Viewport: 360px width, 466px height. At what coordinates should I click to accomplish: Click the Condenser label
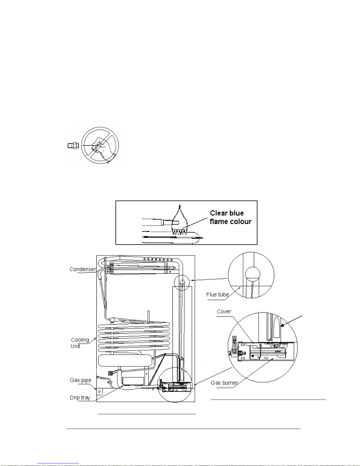(83, 269)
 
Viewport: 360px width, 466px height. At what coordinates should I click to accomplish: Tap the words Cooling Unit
(80, 343)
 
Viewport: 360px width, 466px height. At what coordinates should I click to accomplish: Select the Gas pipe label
(81, 380)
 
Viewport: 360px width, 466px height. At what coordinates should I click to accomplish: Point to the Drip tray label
(80, 397)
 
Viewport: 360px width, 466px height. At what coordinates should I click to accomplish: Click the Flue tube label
(217, 295)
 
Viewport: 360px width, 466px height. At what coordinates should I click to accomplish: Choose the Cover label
(224, 312)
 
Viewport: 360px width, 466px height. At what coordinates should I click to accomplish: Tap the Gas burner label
(224, 383)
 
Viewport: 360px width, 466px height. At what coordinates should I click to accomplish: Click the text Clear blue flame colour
(231, 217)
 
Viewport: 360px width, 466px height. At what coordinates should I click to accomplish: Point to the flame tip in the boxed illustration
(180, 204)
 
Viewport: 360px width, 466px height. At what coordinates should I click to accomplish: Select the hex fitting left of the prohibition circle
(73, 146)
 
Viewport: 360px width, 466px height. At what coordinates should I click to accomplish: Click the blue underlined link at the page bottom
(58, 463)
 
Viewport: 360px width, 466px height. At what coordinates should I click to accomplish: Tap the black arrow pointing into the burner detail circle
(292, 321)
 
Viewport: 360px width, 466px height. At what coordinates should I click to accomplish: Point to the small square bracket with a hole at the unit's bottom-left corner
(99, 392)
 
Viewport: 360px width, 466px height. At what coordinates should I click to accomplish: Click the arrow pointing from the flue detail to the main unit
(209, 279)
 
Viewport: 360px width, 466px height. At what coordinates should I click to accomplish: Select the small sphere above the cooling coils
(112, 320)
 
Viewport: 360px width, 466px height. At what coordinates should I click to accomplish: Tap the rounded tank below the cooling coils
(125, 360)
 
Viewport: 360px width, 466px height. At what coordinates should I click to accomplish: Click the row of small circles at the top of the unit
(158, 260)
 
